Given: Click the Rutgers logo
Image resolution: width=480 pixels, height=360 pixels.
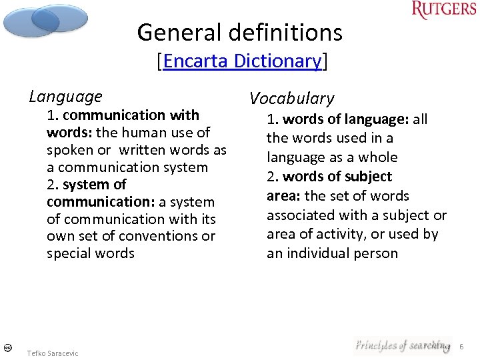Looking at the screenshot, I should (444, 11).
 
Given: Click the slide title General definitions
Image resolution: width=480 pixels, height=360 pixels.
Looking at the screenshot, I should (239, 32).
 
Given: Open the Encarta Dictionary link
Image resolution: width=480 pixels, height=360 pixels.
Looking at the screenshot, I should (241, 61).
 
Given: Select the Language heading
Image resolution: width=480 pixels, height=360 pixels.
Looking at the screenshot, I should (65, 97).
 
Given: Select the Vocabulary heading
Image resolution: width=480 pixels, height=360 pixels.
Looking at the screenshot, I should (291, 99).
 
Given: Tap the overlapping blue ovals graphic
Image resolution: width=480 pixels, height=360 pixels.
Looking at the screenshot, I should (45, 20).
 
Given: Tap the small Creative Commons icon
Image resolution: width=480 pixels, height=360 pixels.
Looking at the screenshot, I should (6, 347).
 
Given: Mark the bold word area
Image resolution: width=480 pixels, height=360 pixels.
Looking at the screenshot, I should (282, 196).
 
